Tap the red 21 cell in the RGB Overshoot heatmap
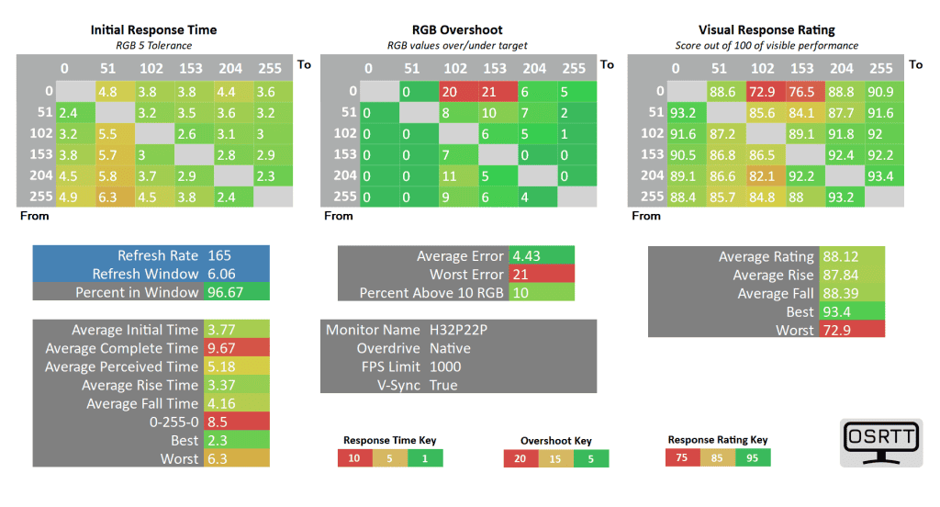[x=496, y=91]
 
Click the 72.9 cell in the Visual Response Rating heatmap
[x=762, y=91]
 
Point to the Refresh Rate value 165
[x=219, y=255]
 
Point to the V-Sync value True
[x=443, y=385]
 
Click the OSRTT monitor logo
[x=880, y=445]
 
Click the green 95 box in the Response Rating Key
[x=753, y=457]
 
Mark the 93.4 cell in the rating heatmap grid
[x=880, y=175]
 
